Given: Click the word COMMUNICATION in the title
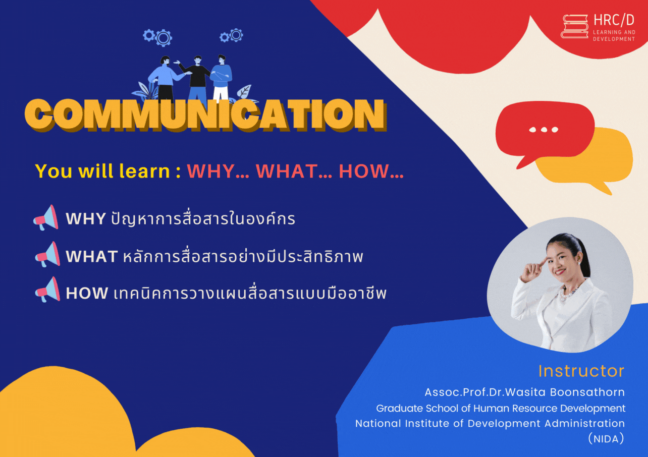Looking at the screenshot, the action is coord(206,115).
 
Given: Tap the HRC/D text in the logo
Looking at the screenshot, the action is coord(614,20).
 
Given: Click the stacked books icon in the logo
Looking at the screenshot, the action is coord(574,26).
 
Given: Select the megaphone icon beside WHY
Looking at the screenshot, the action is coord(46,217).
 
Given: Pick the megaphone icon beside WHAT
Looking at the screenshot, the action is coord(47,254).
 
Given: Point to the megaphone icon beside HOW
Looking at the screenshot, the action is coord(47,290).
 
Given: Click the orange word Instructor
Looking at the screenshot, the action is coord(581,371).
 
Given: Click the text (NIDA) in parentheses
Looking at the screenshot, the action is coord(606,439).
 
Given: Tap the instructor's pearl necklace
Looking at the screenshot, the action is coord(568,293).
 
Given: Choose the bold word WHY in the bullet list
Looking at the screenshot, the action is coord(86,219).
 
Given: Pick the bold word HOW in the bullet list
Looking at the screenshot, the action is coord(87,293).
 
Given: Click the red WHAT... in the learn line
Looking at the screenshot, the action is coord(294,172).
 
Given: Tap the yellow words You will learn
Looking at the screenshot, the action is coord(102,171).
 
